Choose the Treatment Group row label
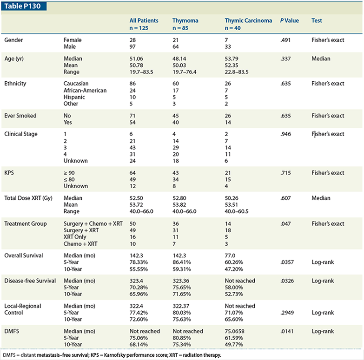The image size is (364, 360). (26, 224)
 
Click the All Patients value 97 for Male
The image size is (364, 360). (133, 47)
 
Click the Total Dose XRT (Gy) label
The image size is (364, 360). (28, 198)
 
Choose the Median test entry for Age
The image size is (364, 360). (321, 59)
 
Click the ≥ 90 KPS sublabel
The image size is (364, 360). (70, 173)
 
